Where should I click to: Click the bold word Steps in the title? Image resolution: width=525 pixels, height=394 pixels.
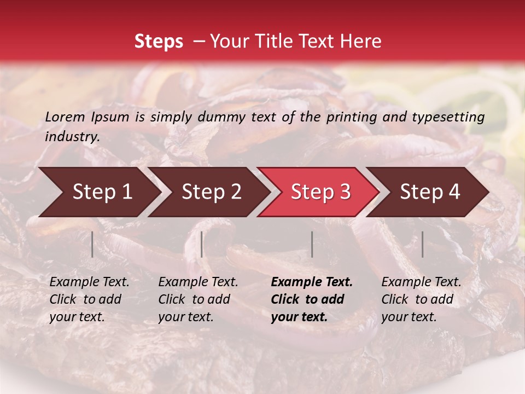159,42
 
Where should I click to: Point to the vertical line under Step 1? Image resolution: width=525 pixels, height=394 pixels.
92,244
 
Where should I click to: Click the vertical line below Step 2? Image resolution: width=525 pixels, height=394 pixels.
202,244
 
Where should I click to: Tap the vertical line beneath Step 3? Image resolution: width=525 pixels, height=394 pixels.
312,244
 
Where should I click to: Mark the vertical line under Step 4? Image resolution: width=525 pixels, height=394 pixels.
422,244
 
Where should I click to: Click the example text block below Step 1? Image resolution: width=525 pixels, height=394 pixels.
89,299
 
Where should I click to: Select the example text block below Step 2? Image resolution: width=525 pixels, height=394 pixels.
198,299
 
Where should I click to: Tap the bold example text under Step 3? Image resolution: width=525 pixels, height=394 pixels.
312,299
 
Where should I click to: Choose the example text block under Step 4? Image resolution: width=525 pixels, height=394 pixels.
421,299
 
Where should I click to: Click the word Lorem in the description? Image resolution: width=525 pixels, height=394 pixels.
65,117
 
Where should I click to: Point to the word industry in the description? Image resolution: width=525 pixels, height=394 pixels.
72,137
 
